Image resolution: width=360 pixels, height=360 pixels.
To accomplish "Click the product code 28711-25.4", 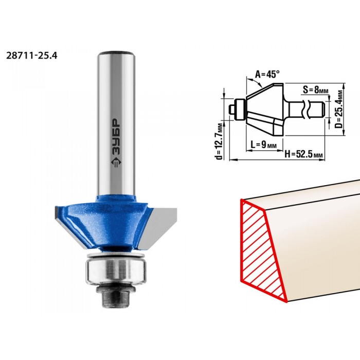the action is point(31,56).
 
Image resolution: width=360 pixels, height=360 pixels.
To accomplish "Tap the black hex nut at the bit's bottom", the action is point(115,298).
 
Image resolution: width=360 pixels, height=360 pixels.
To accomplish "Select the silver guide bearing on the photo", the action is point(116,271).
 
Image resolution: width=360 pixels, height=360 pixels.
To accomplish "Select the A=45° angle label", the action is point(268,74).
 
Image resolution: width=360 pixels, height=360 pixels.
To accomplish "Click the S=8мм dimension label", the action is point(315,90).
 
